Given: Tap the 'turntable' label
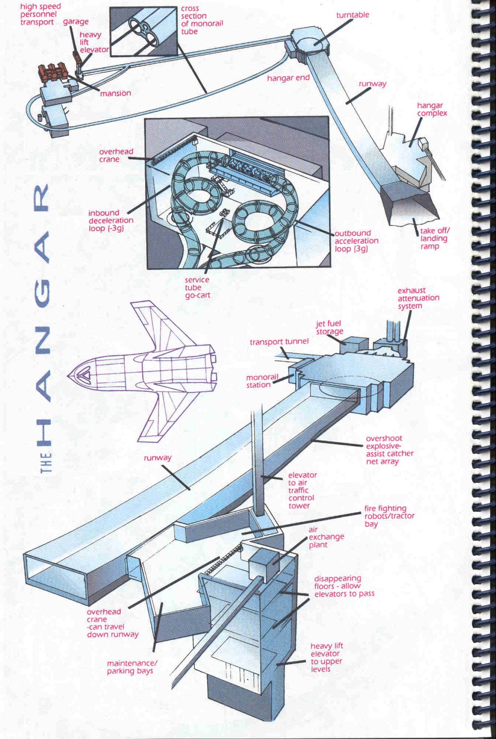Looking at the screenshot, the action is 352,15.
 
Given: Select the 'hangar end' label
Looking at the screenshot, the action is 288,78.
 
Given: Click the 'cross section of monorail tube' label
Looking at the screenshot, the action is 202,20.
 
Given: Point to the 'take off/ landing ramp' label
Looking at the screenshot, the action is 435,238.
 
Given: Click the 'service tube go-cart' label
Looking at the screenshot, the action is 197,287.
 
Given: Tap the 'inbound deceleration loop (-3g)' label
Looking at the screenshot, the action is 111,221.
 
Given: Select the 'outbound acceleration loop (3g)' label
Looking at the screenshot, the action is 356,241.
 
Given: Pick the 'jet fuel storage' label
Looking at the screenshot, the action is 329,327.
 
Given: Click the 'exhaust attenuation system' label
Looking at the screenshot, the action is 418,298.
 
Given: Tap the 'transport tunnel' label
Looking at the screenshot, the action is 279,341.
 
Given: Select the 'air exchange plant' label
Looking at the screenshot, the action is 326,537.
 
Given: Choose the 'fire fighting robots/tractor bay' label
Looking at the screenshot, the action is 389,516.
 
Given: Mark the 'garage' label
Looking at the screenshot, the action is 76,22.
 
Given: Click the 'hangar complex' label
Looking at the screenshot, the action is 432,110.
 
